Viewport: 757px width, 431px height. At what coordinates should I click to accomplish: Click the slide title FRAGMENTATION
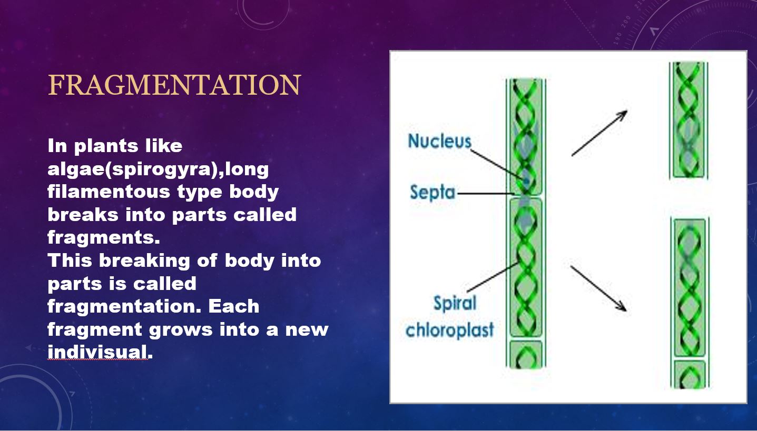(174, 85)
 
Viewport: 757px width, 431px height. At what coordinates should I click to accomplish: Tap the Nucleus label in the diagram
(439, 141)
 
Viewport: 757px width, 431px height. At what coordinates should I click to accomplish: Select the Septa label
(432, 192)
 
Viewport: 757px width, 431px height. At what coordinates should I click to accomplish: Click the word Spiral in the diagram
(455, 304)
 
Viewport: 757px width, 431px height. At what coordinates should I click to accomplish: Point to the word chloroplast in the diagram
(449, 330)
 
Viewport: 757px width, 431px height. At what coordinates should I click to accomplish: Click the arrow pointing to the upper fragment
(599, 133)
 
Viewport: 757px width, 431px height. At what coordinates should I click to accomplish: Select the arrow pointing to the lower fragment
(599, 288)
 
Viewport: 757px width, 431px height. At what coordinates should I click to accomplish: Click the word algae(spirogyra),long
(158, 169)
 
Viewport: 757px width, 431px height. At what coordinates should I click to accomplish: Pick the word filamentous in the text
(109, 192)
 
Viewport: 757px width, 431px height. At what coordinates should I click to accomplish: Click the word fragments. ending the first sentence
(103, 238)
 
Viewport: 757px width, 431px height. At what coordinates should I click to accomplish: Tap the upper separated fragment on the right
(689, 120)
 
